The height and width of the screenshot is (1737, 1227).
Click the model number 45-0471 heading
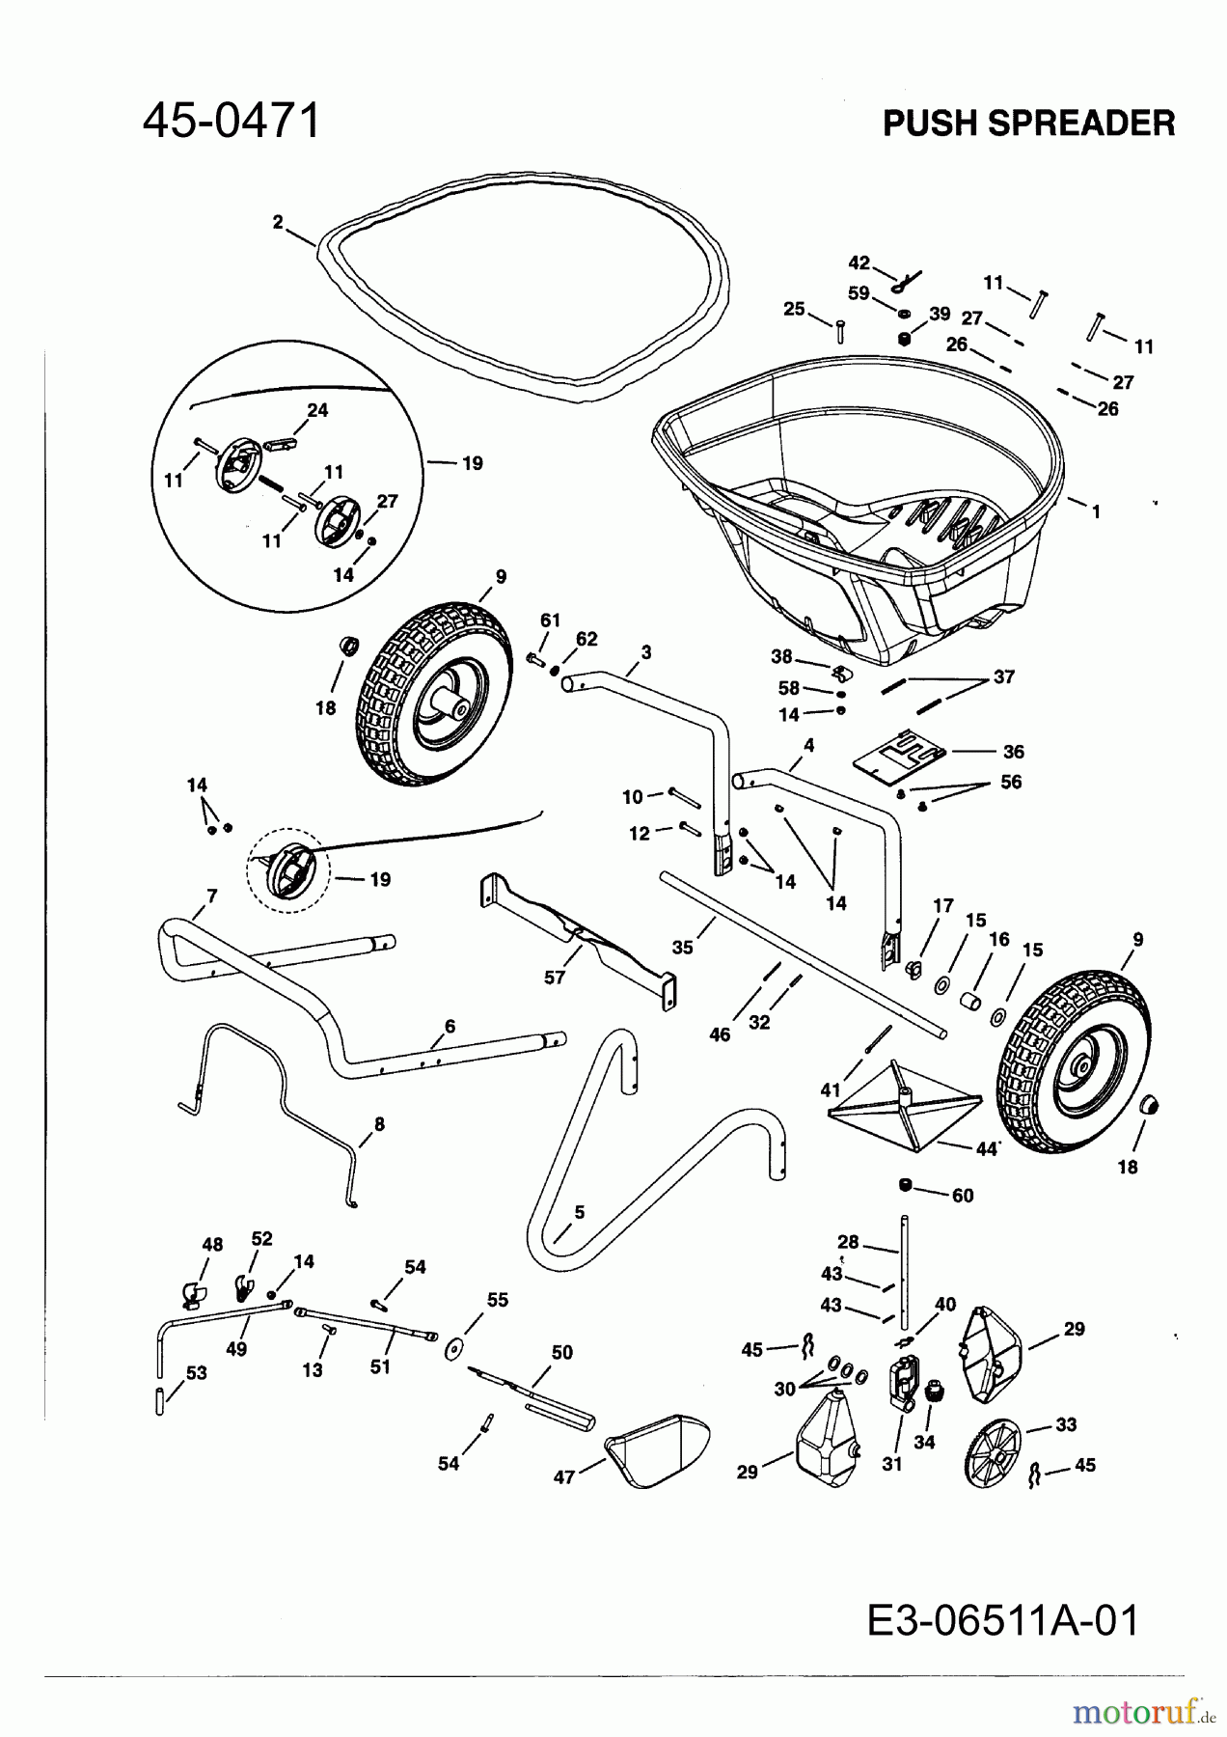pyautogui.click(x=232, y=123)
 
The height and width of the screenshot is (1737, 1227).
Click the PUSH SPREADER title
pyautogui.click(x=1028, y=124)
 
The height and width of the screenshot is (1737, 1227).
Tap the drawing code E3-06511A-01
pyautogui.click(x=1003, y=1620)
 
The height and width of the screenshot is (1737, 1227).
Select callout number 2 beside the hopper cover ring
pyautogui.click(x=278, y=222)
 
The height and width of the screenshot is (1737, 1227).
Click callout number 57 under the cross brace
pyautogui.click(x=555, y=977)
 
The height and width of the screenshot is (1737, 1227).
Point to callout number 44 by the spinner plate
pyautogui.click(x=985, y=1148)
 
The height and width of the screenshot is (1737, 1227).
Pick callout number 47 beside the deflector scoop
pyautogui.click(x=564, y=1476)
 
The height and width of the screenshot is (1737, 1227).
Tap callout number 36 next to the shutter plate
pyautogui.click(x=1013, y=752)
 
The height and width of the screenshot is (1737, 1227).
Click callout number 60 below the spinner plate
pyautogui.click(x=962, y=1196)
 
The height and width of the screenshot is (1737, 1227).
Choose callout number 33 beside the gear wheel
pyautogui.click(x=1066, y=1424)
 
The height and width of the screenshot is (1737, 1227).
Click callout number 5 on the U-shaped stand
pyautogui.click(x=579, y=1212)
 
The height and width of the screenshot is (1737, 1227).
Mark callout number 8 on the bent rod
pyautogui.click(x=379, y=1123)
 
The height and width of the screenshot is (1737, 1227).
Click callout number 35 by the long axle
pyautogui.click(x=682, y=948)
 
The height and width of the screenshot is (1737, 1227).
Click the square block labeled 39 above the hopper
pyautogui.click(x=904, y=339)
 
